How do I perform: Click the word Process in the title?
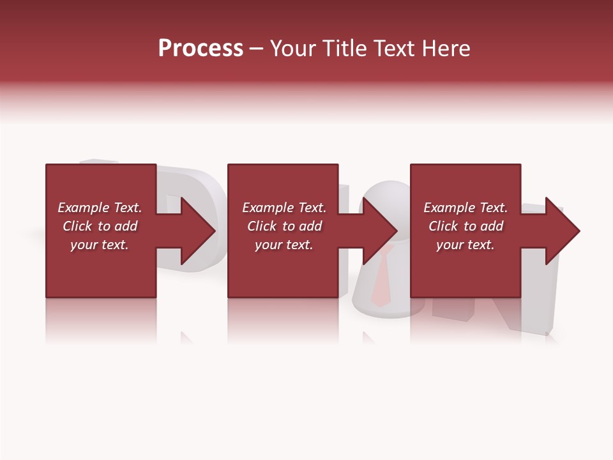[x=201, y=49]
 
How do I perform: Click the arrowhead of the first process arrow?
[x=198, y=231]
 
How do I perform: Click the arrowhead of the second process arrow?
[x=380, y=231]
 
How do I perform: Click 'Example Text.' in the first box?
[x=100, y=208]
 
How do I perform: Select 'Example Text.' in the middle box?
[x=284, y=208]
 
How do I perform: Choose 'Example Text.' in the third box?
[x=465, y=208]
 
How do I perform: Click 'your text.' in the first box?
[x=100, y=245]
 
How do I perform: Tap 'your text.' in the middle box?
[x=284, y=245]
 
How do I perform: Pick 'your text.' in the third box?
[x=465, y=245]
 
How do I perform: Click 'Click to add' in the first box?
[x=100, y=226]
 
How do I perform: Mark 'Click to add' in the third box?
[x=465, y=226]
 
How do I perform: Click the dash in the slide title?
[x=256, y=49]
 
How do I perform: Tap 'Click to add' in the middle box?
[x=284, y=226]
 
